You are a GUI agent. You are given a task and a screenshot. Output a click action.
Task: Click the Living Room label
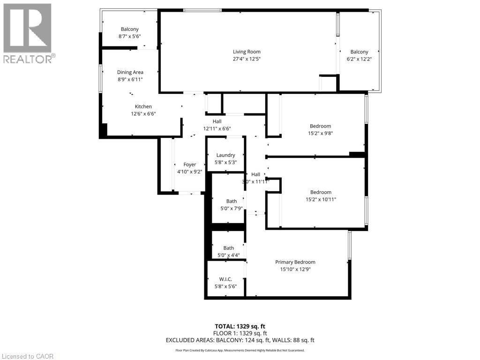(247, 52)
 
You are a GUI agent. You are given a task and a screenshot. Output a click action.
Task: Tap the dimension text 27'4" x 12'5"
(247, 59)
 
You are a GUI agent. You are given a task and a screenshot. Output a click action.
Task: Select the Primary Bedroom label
(295, 262)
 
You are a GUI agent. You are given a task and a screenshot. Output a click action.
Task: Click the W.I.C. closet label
(226, 279)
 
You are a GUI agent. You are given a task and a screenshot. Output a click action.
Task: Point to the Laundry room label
(225, 155)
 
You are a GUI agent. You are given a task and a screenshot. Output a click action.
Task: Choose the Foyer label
(189, 165)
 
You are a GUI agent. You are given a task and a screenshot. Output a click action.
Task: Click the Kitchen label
(143, 106)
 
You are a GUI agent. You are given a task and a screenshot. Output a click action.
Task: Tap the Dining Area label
(130, 72)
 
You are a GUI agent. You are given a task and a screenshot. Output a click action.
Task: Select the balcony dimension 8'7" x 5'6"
(130, 36)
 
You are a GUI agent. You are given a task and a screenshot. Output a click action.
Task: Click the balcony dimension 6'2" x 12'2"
(359, 59)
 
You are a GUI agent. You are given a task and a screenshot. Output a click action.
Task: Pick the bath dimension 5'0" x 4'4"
(228, 255)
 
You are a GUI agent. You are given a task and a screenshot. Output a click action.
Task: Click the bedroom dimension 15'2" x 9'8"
(320, 133)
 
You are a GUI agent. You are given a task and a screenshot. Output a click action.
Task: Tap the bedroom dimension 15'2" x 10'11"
(321, 199)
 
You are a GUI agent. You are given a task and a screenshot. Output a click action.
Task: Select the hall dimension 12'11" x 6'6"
(217, 128)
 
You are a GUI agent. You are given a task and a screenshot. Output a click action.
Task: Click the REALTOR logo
(28, 33)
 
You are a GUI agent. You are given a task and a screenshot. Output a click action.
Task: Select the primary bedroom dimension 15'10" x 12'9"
(295, 270)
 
